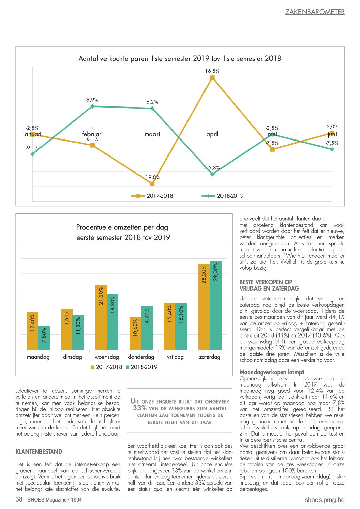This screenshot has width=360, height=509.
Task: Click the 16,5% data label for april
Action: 212,71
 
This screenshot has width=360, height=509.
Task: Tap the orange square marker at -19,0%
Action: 152,184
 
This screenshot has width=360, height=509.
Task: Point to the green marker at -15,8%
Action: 212,174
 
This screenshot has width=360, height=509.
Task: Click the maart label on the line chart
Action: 152,134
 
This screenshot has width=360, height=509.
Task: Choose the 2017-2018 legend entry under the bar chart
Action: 107,367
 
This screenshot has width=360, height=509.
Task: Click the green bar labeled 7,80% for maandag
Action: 44,338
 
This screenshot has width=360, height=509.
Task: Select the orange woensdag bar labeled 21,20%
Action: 101,317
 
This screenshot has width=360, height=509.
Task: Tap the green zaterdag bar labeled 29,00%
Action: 215,306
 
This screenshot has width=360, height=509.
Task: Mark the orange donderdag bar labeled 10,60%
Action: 135,333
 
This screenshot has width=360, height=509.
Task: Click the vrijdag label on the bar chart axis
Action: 175,357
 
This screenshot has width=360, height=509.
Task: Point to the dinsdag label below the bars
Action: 72,357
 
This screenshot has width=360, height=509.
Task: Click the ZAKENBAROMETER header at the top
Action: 315,12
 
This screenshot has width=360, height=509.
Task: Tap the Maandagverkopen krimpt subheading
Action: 272,372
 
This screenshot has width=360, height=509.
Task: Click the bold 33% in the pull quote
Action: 140,408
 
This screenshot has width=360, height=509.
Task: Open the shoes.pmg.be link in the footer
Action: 325,500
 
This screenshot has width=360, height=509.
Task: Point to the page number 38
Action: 19,499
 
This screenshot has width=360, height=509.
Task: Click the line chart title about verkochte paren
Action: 180,59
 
